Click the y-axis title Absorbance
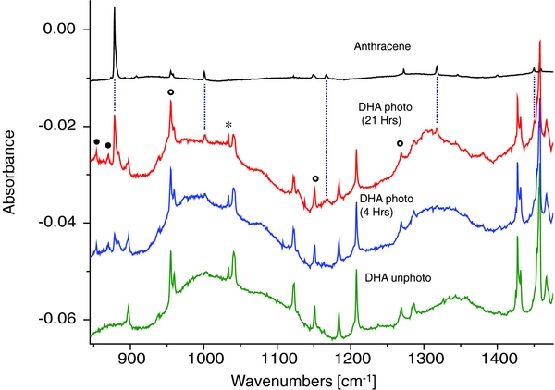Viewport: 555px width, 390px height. coord(13,177)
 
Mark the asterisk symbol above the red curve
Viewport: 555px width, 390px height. coord(228,126)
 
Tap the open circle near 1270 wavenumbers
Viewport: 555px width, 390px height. coord(401,143)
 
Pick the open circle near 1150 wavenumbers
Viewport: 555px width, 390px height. coord(315,178)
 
